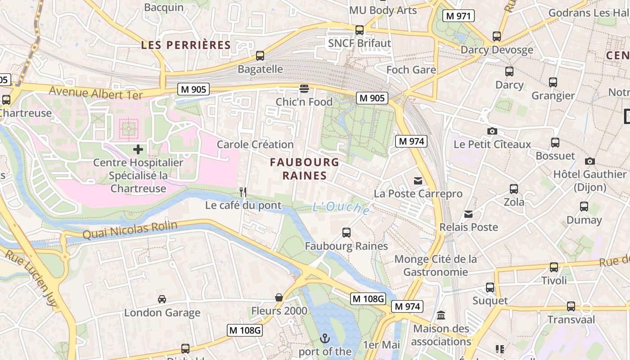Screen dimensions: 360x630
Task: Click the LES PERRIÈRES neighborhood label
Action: pyautogui.click(x=186, y=45)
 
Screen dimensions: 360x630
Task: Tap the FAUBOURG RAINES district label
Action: pyautogui.click(x=305, y=169)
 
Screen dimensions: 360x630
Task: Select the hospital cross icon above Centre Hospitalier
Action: pyautogui.click(x=138, y=149)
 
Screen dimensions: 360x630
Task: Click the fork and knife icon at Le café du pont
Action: pyautogui.click(x=243, y=192)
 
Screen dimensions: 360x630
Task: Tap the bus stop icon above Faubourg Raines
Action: pyautogui.click(x=346, y=233)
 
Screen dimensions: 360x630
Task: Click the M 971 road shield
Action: pyautogui.click(x=459, y=16)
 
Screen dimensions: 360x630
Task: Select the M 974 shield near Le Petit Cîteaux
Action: pyautogui.click(x=411, y=141)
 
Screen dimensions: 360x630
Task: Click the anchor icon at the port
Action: pyautogui.click(x=324, y=338)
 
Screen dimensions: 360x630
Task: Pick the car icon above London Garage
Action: pyautogui.click(x=162, y=299)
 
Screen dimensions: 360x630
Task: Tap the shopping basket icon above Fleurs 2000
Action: pyautogui.click(x=279, y=297)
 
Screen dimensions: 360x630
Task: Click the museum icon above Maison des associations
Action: pyautogui.click(x=441, y=315)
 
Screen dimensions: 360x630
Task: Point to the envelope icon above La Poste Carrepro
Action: pyautogui.click(x=418, y=181)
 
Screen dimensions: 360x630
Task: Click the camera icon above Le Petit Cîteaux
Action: pyautogui.click(x=492, y=131)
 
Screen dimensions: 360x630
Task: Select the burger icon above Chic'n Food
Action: pyautogui.click(x=304, y=88)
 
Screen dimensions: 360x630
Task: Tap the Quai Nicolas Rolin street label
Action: pyautogui.click(x=130, y=230)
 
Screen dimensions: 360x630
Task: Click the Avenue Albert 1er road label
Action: pyautogui.click(x=95, y=93)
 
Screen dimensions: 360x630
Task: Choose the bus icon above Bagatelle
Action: pyautogui.click(x=260, y=56)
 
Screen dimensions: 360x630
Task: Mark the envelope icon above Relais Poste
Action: pyautogui.click(x=468, y=214)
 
